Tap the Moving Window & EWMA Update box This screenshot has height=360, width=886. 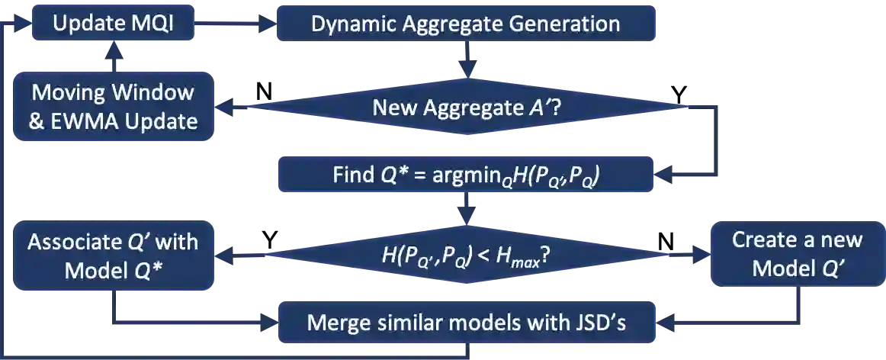click(112, 107)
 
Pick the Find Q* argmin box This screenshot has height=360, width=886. click(465, 175)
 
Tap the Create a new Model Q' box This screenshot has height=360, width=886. click(797, 254)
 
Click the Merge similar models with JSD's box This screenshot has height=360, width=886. click(465, 322)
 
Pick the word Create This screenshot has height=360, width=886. click(762, 239)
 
